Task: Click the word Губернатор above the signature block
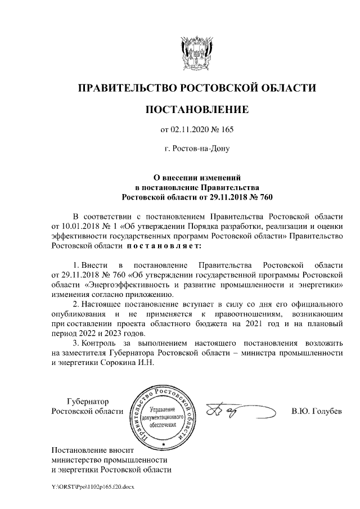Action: tap(88, 401)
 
